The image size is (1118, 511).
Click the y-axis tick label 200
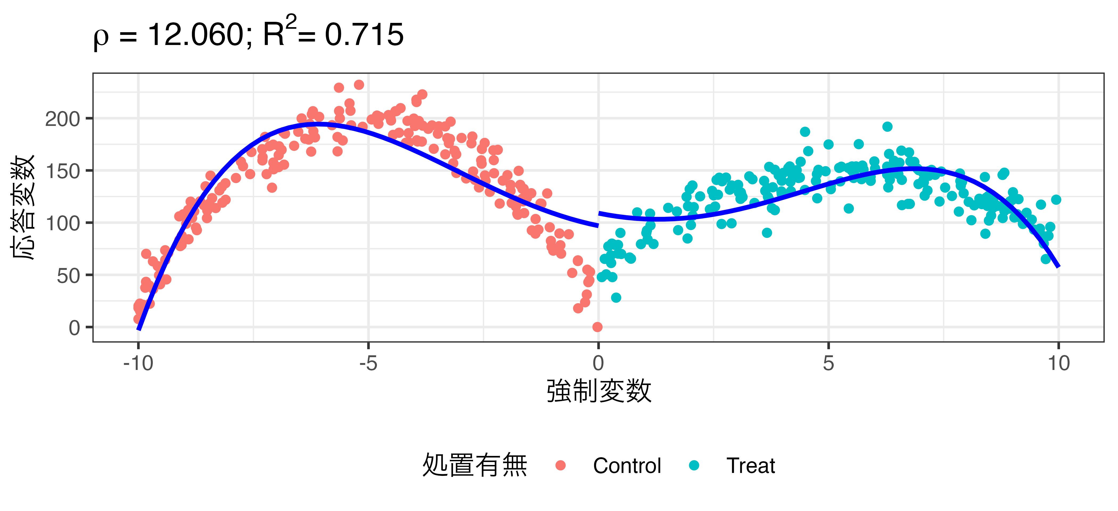[63, 119]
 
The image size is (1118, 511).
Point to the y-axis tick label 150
[63, 171]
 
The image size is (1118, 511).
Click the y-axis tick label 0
[74, 328]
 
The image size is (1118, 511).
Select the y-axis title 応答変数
[23, 207]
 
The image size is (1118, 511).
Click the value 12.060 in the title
[196, 35]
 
